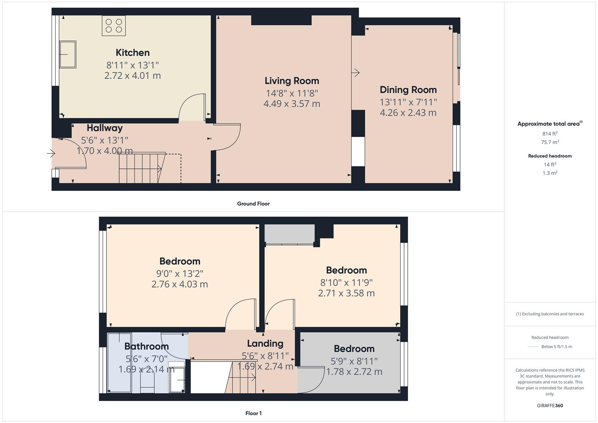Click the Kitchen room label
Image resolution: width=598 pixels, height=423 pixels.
132,52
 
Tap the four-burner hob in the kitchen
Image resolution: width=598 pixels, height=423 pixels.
114,26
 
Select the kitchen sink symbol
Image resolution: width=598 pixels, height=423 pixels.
67,54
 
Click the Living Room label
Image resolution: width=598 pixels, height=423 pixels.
292,81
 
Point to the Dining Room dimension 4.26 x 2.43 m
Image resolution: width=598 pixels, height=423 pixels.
408,113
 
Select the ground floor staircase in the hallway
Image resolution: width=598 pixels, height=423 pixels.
141,168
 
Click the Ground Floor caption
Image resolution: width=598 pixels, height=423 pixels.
253,204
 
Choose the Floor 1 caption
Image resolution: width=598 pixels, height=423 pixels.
253,413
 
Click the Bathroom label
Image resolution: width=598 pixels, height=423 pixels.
146,346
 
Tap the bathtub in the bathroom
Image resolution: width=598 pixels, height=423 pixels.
119,362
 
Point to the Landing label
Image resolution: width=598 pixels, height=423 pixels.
265,343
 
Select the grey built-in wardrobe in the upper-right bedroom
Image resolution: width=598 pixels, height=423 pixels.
289,234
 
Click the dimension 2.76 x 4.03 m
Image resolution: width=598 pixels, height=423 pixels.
179,284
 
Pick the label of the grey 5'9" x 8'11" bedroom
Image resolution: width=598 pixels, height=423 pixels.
354,349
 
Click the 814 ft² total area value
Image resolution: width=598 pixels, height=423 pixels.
550,134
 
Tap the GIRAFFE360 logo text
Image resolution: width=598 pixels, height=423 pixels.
550,405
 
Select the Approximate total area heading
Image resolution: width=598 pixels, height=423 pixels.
549,124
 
